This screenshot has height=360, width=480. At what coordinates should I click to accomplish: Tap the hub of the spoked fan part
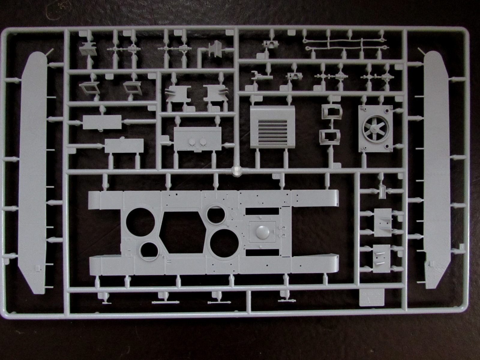click(374, 129)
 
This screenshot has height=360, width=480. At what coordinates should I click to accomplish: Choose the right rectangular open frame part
click(132, 87)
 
